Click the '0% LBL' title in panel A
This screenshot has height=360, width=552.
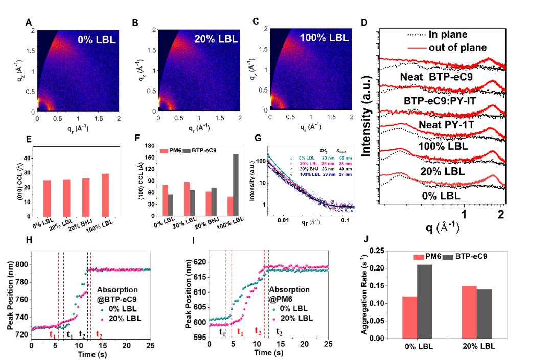coord(97,39)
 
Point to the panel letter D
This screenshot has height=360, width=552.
coord(363,24)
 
